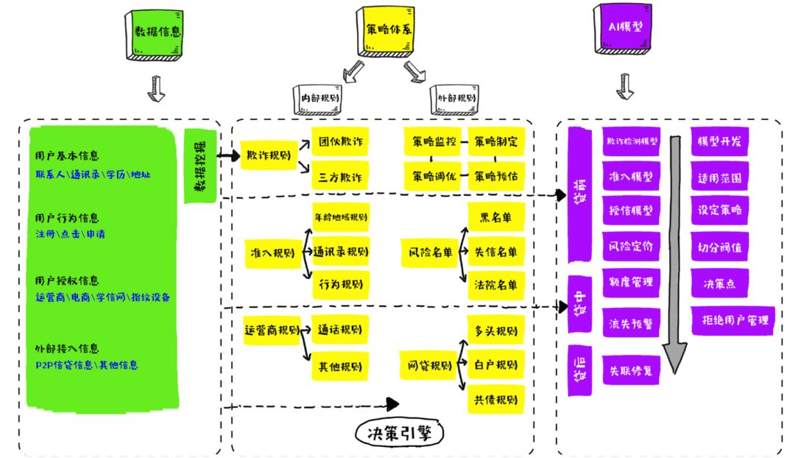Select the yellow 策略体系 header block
(x=386, y=32)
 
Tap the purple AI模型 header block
(x=623, y=29)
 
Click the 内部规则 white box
(x=318, y=99)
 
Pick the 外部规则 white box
(x=454, y=99)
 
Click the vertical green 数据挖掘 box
(x=200, y=166)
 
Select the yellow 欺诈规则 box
(x=269, y=155)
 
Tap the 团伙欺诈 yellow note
(x=340, y=141)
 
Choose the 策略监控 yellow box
(x=434, y=141)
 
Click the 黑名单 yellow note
(x=496, y=218)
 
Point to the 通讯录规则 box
(x=341, y=252)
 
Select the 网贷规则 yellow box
(x=429, y=365)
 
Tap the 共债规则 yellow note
(x=496, y=400)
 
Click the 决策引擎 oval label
(x=400, y=433)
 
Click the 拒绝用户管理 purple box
(x=733, y=320)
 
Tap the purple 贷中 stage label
(x=580, y=304)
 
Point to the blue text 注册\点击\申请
(x=71, y=234)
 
